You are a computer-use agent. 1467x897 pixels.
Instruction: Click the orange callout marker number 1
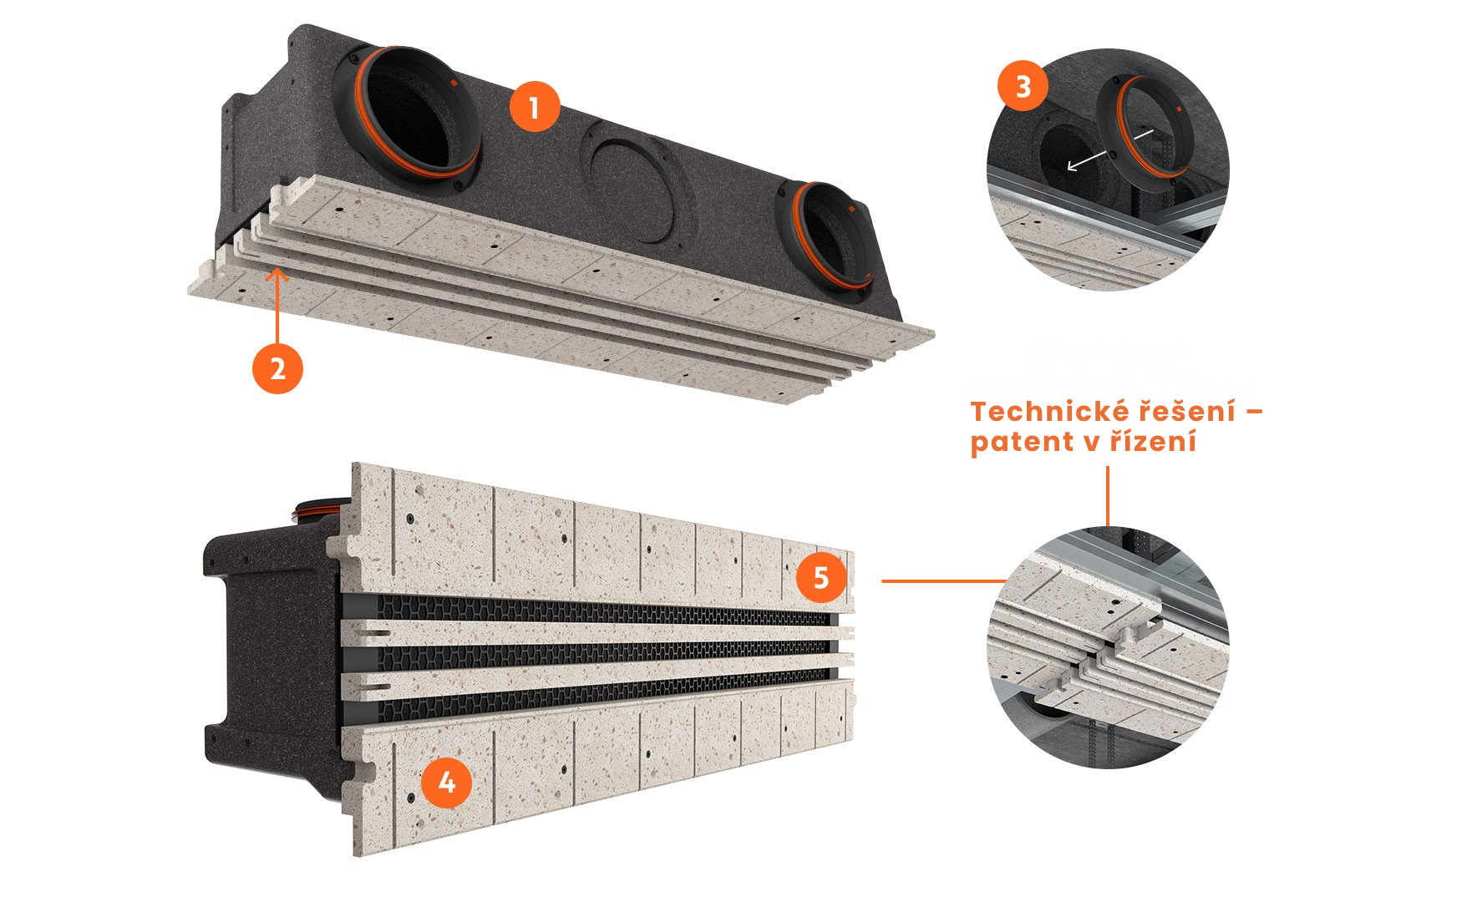535,106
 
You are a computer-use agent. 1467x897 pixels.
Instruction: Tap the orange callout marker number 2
277,368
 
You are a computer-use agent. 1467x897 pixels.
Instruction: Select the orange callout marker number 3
1023,86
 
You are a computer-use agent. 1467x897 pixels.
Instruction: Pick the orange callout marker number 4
447,783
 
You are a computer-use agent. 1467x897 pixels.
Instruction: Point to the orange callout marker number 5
821,578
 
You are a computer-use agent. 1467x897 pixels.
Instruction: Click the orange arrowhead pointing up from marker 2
277,275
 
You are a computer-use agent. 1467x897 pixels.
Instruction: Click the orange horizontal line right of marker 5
945,580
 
